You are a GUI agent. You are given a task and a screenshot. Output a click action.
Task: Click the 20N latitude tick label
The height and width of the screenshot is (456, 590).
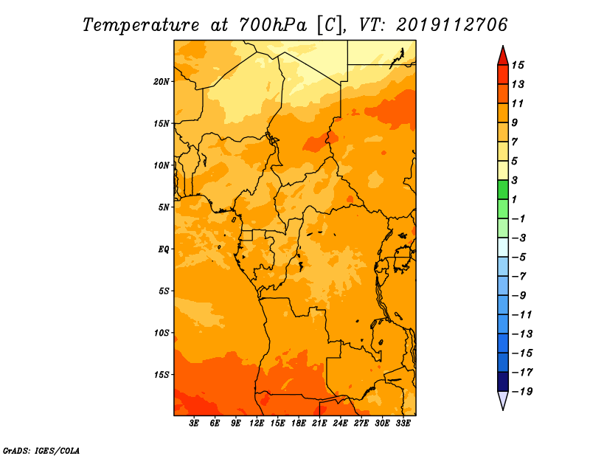pos(161,82)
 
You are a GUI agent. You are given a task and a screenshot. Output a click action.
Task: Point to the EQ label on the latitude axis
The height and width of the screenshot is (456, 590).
pos(164,249)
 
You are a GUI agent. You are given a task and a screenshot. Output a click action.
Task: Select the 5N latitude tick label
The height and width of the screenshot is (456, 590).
pos(164,207)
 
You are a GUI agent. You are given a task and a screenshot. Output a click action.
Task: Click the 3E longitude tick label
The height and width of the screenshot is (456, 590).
pos(194,424)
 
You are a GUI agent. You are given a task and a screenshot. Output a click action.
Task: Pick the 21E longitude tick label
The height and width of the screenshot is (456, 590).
pos(319,424)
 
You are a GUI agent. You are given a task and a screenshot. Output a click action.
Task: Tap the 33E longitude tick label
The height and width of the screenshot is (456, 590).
pos(403,424)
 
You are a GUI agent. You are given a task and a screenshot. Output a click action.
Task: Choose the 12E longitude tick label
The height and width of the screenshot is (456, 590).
pos(257,424)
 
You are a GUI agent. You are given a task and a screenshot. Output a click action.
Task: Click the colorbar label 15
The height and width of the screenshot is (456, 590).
pos(518,65)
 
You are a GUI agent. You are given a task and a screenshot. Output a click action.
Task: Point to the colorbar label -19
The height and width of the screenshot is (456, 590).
pos(522,392)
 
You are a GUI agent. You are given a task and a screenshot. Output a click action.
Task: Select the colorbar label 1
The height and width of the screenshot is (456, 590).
pos(515,199)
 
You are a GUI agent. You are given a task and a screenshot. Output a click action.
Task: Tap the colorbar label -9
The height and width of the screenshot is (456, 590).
pos(519,296)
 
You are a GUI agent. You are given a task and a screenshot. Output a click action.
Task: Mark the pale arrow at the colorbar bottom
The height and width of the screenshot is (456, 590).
pos(503,400)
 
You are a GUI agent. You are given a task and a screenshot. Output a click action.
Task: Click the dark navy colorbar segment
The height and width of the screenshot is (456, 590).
pos(503,381)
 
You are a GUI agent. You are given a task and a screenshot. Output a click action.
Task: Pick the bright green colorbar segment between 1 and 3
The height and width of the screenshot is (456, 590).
pos(503,190)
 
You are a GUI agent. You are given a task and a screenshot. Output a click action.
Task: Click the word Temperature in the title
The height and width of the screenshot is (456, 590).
pos(140,26)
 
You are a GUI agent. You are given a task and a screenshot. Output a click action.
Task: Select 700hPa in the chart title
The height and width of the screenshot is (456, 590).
pos(272,25)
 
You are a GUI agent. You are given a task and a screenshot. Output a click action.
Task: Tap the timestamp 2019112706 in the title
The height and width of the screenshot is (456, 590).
pos(451,25)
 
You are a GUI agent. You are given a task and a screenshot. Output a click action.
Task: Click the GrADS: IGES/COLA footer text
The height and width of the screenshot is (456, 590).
pos(41,450)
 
